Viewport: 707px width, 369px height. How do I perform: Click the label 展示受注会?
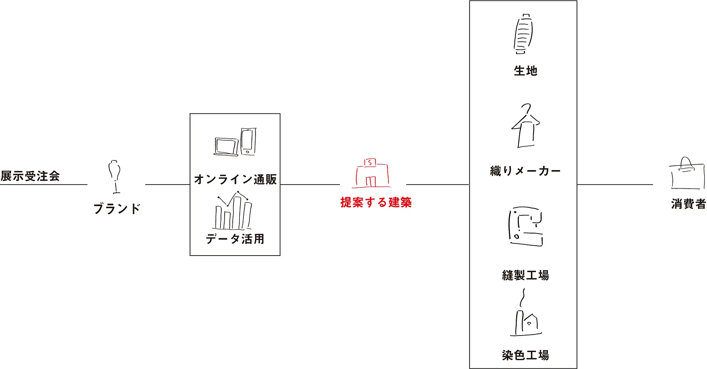[x=30, y=176]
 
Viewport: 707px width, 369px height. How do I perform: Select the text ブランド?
[x=117, y=208]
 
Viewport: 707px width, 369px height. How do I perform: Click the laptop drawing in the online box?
[x=226, y=147]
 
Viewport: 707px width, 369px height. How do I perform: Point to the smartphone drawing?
[x=248, y=141]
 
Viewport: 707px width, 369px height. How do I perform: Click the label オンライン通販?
[x=235, y=179]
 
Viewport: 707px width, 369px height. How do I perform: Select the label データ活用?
[x=235, y=239]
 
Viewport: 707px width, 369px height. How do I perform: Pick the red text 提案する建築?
[x=376, y=202]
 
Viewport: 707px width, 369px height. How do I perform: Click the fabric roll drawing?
[x=523, y=34]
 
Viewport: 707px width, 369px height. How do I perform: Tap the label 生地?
[x=525, y=71]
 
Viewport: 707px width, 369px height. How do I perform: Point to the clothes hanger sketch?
[x=526, y=126]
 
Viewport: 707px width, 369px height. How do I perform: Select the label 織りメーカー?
[x=525, y=171]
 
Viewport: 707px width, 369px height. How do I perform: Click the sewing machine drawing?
[x=526, y=226]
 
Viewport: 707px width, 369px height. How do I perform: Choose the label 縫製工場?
[x=525, y=275]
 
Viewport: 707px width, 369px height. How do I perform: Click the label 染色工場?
[x=525, y=355]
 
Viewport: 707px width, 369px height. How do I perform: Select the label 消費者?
[x=688, y=204]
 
